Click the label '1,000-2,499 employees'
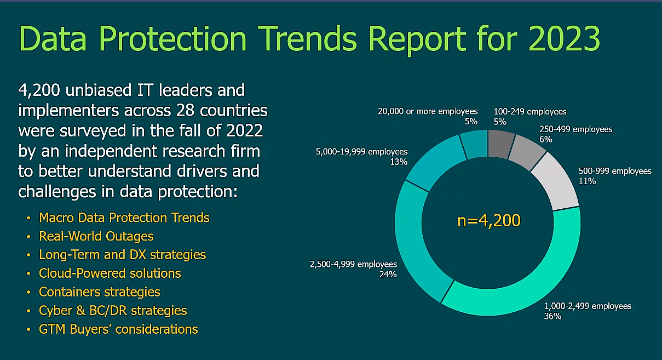pos(587,306)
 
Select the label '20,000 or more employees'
pos(428,111)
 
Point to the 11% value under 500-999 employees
pos(587,181)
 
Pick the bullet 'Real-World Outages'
pos(96,236)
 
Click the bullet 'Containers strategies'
pos(100,292)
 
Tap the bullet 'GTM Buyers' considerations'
pos(118,329)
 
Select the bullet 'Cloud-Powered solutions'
pos(110,273)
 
